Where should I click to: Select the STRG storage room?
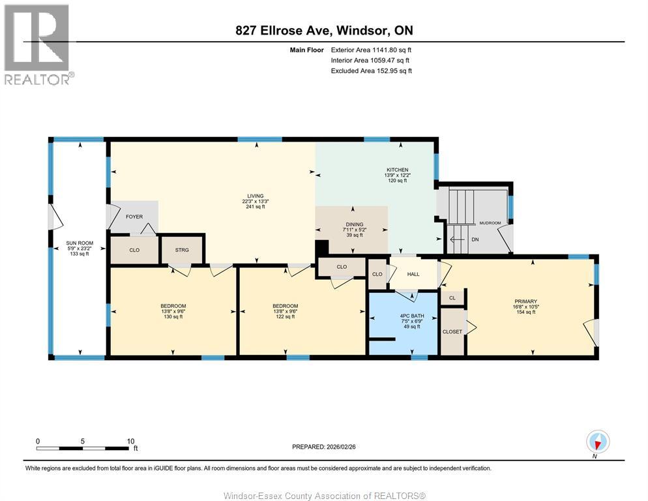pyautogui.click(x=183, y=249)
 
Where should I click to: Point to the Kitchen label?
pyautogui.click(x=397, y=170)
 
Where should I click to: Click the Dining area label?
pyautogui.click(x=354, y=224)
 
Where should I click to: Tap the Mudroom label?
pyautogui.click(x=490, y=223)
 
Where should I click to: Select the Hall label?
pyautogui.click(x=413, y=274)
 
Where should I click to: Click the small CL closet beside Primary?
pyautogui.click(x=452, y=297)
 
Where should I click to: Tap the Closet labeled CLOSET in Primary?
pyautogui.click(x=452, y=331)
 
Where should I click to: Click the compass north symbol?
pyautogui.click(x=597, y=442)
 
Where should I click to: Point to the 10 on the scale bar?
pyautogui.click(x=130, y=440)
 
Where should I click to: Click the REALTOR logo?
pyautogui.click(x=37, y=44)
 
